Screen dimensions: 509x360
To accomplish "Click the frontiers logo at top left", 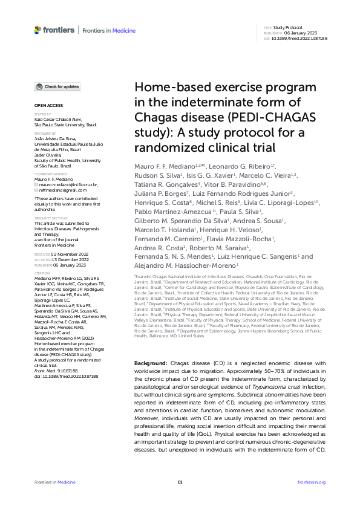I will [x=54, y=30].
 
